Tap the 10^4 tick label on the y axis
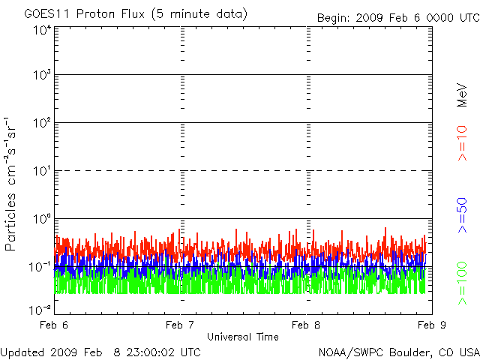41,29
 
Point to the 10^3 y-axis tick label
41,75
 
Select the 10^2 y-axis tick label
41,123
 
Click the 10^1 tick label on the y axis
41,171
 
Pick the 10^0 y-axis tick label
41,219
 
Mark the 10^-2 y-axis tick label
40,308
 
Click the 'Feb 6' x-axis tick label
55,325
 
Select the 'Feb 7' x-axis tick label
181,325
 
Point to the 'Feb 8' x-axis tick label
306,325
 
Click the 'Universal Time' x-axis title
243,337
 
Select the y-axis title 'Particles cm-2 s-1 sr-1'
13,183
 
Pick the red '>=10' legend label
462,142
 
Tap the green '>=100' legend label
462,283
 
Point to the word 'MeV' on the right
462,97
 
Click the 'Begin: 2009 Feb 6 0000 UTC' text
387,16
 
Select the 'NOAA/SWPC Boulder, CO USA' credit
398,352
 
